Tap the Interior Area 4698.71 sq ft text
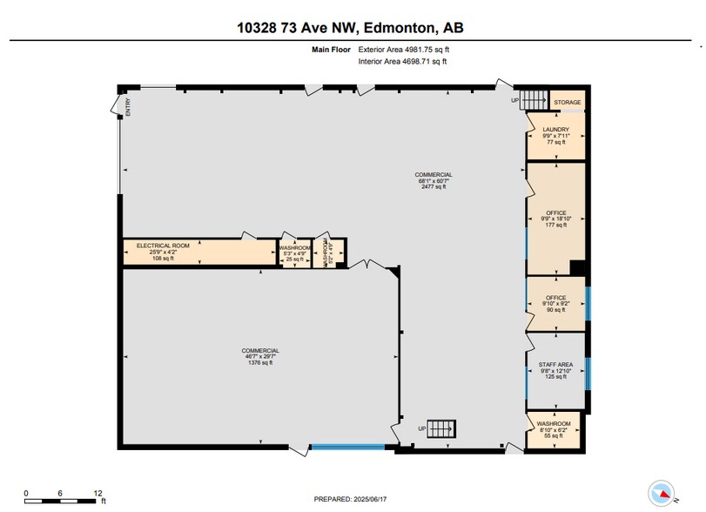[403, 62]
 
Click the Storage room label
[568, 103]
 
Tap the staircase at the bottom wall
[442, 428]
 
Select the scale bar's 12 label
[97, 492]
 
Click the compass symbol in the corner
[663, 490]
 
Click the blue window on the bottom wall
[347, 448]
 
